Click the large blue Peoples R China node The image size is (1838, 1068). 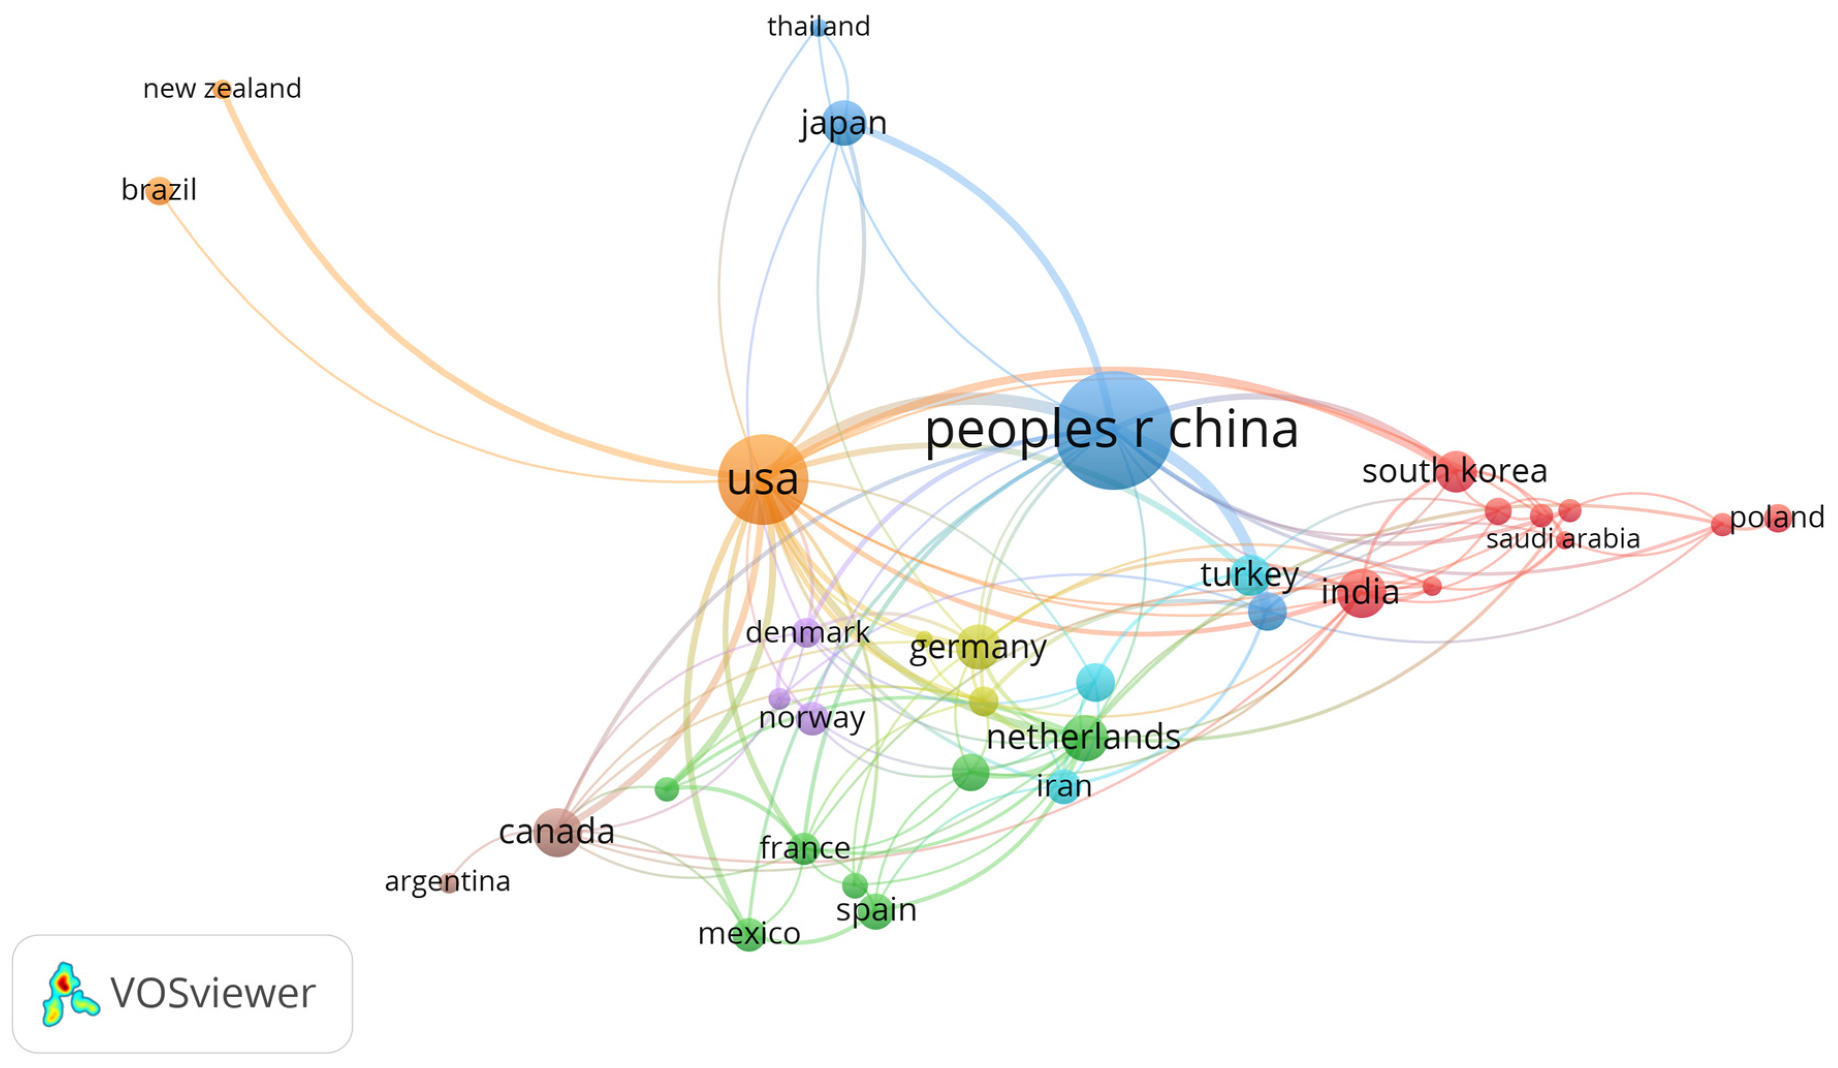(1113, 430)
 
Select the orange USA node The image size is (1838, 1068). (763, 479)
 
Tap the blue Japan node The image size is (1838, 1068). (843, 122)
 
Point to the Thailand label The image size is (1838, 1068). (818, 27)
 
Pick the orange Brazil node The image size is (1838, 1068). (159, 191)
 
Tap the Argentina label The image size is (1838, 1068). (447, 881)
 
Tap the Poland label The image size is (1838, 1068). (1777, 518)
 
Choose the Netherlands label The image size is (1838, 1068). (1083, 737)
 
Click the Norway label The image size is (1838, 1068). (812, 718)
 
